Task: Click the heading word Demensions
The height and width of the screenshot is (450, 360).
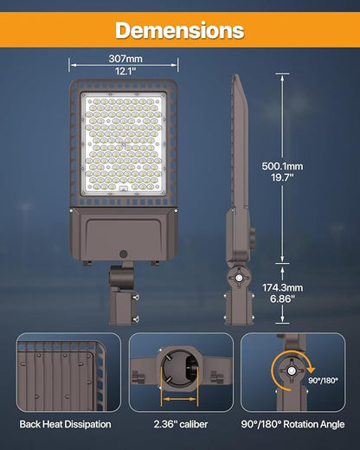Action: pyautogui.click(x=180, y=30)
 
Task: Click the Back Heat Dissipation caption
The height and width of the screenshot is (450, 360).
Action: pyautogui.click(x=65, y=425)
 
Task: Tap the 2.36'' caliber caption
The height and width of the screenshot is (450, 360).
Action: pyautogui.click(x=180, y=425)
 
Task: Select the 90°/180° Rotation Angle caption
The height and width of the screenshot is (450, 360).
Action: pyautogui.click(x=294, y=425)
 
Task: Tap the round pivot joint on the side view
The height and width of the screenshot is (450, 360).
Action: pyautogui.click(x=237, y=280)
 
